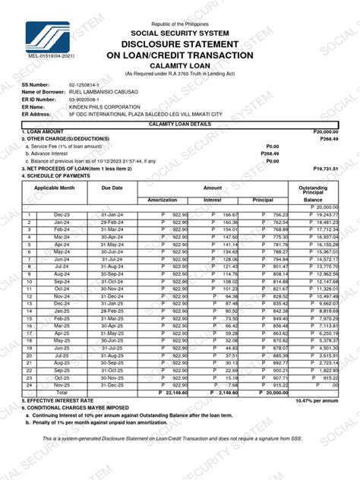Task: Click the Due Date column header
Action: [112, 187]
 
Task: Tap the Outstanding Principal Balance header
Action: [314, 191]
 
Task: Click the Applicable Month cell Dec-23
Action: [62, 215]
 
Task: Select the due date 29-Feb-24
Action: [112, 222]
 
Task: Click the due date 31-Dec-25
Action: [112, 385]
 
